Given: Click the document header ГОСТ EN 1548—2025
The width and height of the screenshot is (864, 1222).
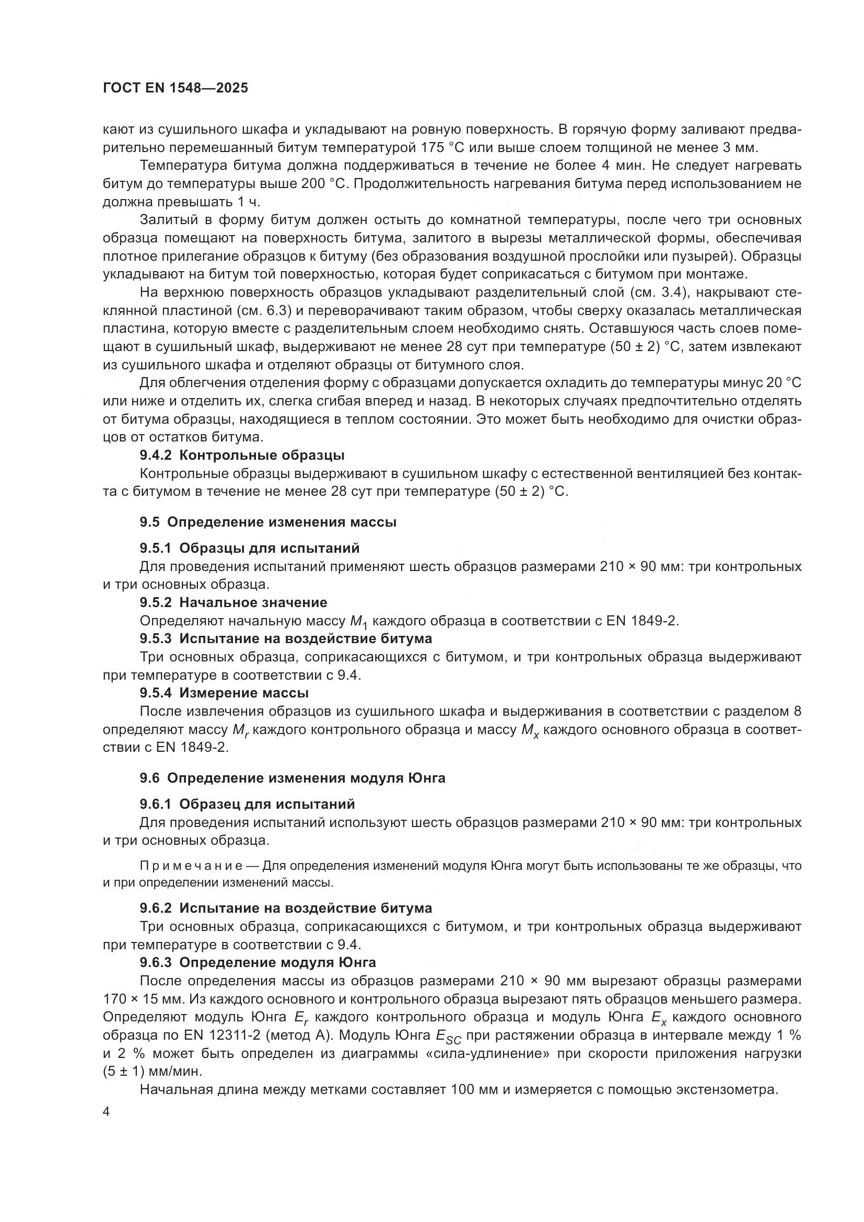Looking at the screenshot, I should (x=175, y=88).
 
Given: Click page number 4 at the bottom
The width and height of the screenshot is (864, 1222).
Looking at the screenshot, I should (x=107, y=1112).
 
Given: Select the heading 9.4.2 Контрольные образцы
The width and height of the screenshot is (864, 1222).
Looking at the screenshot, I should (x=242, y=456).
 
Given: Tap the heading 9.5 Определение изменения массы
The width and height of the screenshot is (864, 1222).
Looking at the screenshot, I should (x=268, y=522).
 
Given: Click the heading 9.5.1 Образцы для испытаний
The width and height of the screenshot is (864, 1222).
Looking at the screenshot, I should (x=250, y=548).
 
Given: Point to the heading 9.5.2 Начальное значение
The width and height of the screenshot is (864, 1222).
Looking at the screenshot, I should (x=233, y=602).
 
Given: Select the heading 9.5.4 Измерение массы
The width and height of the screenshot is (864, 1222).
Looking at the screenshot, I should (x=224, y=693).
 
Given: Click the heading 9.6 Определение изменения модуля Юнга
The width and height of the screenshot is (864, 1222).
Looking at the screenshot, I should (x=293, y=778).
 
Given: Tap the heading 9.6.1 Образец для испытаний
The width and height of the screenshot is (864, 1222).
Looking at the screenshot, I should (x=247, y=804).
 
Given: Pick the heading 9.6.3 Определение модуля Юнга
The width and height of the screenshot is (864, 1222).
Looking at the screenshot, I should (x=258, y=962).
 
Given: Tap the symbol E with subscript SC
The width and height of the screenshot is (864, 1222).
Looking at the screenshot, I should (x=448, y=1036).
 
